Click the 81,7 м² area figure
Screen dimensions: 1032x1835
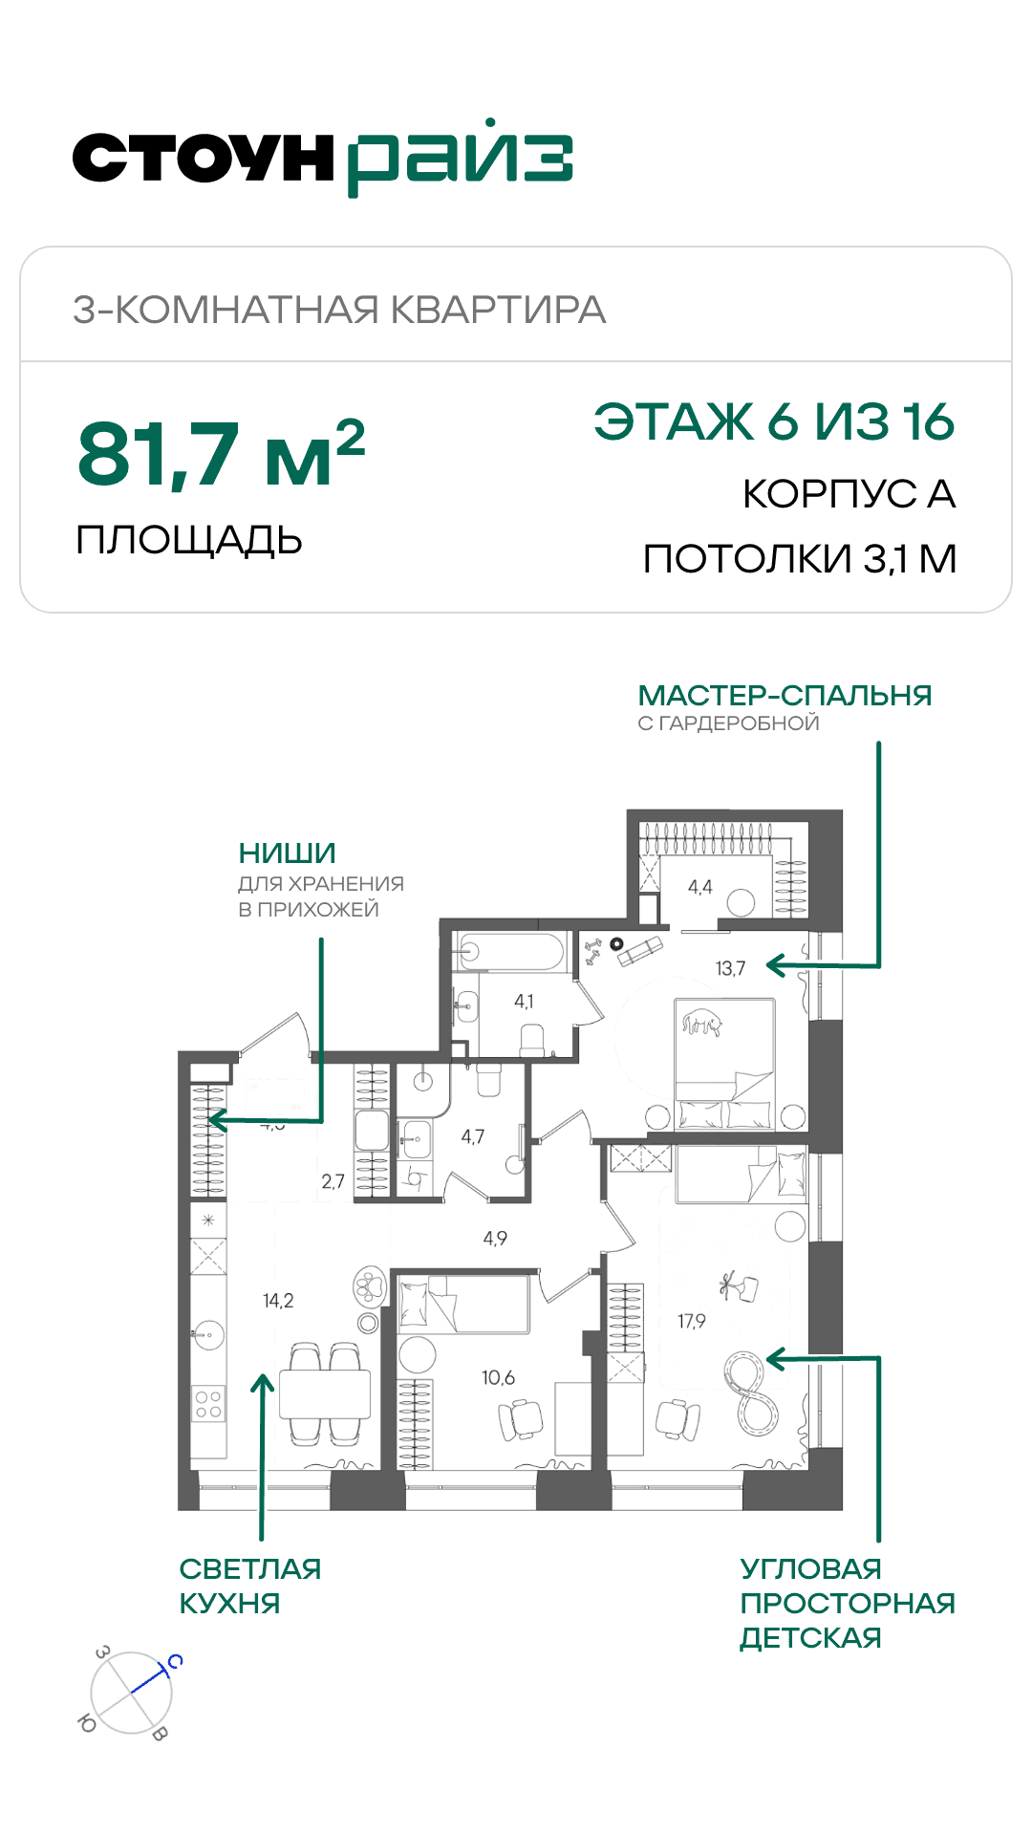tap(221, 453)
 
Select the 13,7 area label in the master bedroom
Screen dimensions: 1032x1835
tap(730, 968)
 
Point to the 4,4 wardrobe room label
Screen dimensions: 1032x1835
tap(700, 887)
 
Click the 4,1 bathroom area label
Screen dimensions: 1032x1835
tap(524, 1002)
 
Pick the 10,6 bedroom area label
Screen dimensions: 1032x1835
tap(498, 1377)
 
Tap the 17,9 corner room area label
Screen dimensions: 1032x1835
tap(692, 1321)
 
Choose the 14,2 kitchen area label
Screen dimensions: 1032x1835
tap(278, 1300)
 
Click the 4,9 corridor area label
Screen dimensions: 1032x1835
tap(495, 1238)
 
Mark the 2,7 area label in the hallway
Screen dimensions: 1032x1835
tap(333, 1181)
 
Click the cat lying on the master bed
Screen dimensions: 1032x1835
tap(702, 1023)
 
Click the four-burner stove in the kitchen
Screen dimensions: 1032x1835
tap(208, 1404)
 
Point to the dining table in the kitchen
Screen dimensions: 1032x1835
tap(325, 1394)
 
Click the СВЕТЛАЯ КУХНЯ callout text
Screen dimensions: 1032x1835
tap(250, 1586)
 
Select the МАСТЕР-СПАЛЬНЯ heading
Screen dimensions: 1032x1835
tap(785, 695)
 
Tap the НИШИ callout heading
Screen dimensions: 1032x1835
tap(288, 853)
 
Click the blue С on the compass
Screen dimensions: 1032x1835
tap(175, 1661)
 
